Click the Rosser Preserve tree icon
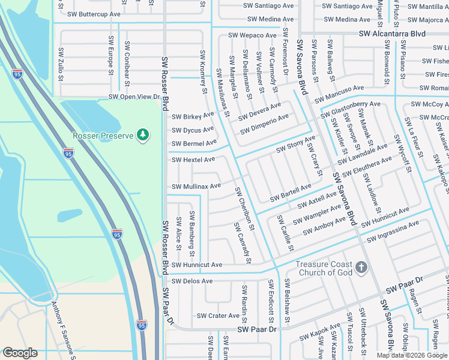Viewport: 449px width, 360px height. pos(143,136)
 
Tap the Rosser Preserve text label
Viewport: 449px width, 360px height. pos(103,136)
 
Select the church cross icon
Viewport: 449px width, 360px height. pos(361,268)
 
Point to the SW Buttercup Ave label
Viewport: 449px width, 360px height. pos(94,14)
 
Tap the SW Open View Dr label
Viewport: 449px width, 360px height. pos(134,97)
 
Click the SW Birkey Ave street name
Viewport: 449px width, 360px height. pos(193,116)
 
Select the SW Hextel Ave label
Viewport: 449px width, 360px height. pos(193,160)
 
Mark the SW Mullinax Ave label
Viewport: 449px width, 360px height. pos(196,187)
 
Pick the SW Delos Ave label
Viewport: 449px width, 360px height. pos(192,281)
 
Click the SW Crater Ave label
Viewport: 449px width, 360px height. pos(218,316)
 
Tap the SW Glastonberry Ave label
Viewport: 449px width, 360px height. pos(351,109)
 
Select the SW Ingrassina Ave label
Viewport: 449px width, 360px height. pos(393,232)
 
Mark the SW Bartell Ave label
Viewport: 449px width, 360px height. pos(291,193)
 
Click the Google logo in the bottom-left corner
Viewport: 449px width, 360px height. pos(19,353)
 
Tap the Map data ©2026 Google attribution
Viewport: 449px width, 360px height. pos(412,355)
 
